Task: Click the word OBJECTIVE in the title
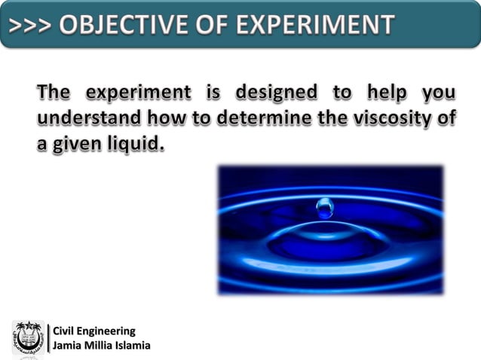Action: click(x=124, y=24)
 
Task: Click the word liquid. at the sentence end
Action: click(x=136, y=143)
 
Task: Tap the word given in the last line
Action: click(x=78, y=143)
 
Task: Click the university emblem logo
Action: click(x=27, y=338)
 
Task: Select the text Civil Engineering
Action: click(x=93, y=331)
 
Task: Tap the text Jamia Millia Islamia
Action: click(x=101, y=346)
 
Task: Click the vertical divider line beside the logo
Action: click(x=47, y=338)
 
